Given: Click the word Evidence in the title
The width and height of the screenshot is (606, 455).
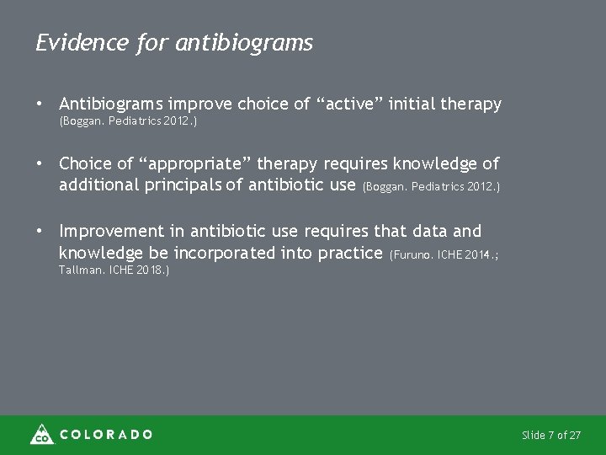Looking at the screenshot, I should point(81,43).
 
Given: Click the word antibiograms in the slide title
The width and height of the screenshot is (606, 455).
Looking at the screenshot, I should point(244,44).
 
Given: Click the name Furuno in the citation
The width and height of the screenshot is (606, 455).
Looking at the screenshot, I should point(415,254).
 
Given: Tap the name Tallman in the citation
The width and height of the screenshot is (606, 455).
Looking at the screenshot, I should point(81,270).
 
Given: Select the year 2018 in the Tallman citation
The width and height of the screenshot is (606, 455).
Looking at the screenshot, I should point(150,270).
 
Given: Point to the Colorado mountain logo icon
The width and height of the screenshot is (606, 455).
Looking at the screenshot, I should point(41,434).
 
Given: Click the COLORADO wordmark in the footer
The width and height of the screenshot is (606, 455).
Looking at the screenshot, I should point(106,435).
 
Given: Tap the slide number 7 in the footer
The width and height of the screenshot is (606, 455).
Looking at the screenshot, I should point(551,435).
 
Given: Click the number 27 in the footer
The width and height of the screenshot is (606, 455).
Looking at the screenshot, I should point(575,435).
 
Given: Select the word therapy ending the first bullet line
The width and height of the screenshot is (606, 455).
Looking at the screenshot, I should point(470,104).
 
